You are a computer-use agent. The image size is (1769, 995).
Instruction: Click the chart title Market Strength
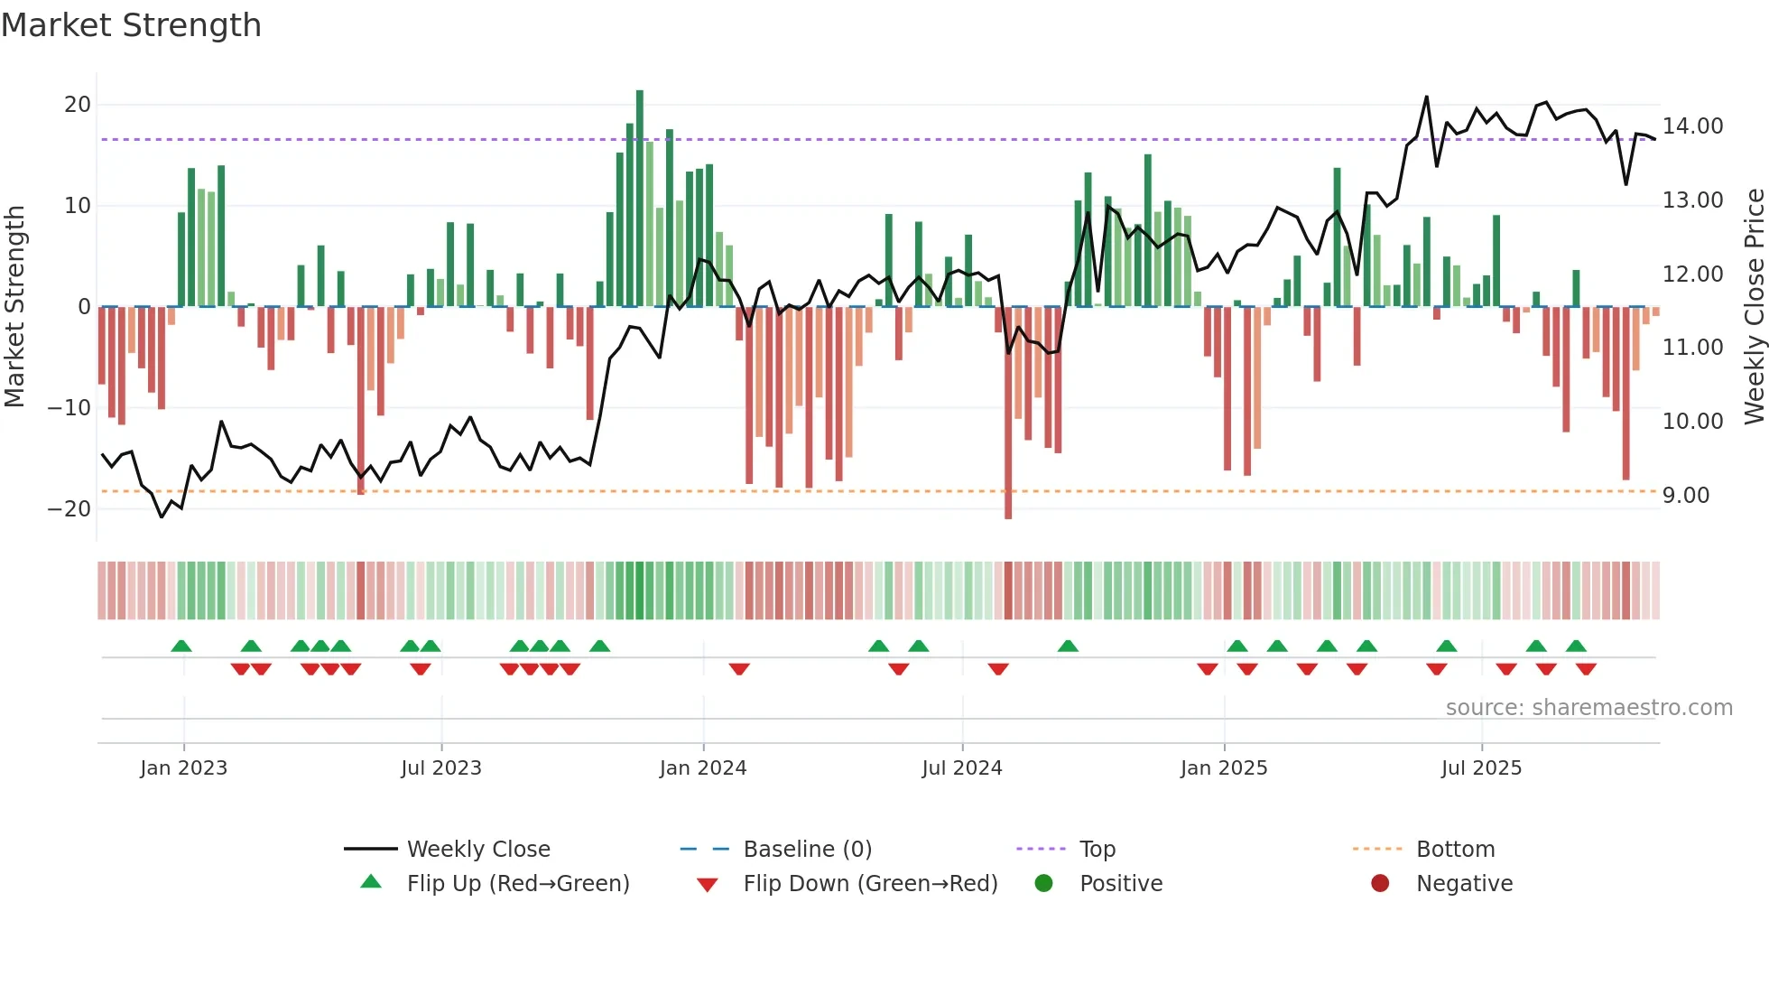point(131,25)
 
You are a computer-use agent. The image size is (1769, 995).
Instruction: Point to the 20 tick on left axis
point(78,105)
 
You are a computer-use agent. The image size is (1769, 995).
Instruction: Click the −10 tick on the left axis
point(69,408)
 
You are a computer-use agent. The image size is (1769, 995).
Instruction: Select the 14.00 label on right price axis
point(1692,126)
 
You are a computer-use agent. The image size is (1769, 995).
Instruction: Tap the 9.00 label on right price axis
point(1686,496)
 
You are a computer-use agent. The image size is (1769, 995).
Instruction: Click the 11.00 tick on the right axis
point(1692,348)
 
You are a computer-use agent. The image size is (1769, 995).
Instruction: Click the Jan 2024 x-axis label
point(703,768)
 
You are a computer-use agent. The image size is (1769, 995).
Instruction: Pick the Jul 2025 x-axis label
point(1481,768)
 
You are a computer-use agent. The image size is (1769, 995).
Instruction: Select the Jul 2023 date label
point(441,768)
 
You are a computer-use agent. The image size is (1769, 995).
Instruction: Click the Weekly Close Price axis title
point(1754,307)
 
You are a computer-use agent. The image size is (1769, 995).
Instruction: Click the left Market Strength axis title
point(15,307)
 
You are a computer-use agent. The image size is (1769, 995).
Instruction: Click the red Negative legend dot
point(1380,884)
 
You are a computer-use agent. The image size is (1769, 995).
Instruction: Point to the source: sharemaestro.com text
point(1588,708)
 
